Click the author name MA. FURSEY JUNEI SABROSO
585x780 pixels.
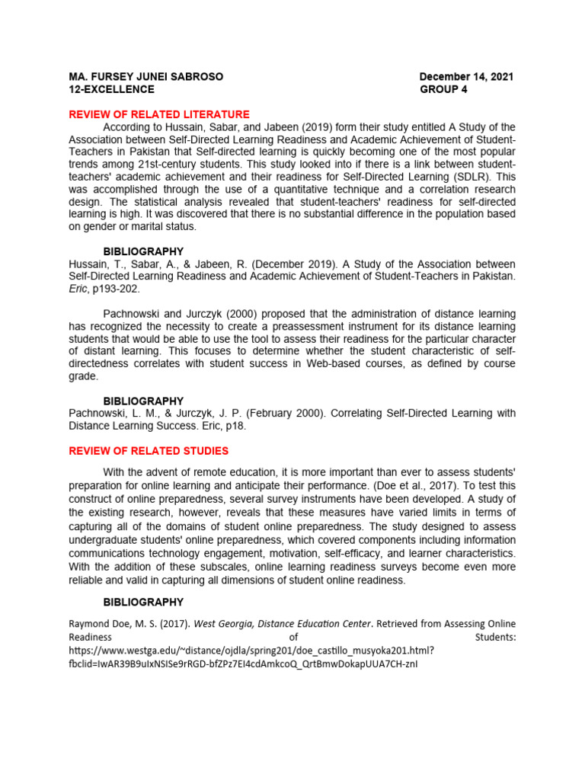click(146, 77)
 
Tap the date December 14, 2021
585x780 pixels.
click(466, 77)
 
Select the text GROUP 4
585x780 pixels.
click(443, 89)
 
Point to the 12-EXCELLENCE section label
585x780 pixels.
click(111, 89)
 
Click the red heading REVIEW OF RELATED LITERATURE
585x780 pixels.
click(159, 114)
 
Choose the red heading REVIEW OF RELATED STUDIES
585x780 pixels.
click(149, 451)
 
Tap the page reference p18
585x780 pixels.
click(235, 426)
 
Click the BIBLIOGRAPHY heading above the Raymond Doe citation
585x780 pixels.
click(143, 603)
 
